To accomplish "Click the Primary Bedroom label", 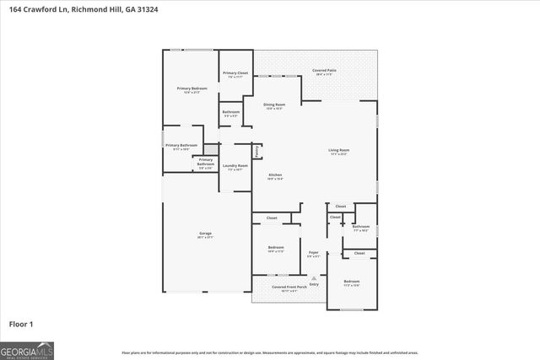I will pyautogui.click(x=192, y=89).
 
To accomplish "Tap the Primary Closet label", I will pyautogui.click(x=235, y=73).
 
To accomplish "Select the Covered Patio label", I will pyautogui.click(x=325, y=71).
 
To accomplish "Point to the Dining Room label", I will pyautogui.click(x=275, y=105).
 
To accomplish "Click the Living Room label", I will pyautogui.click(x=339, y=151).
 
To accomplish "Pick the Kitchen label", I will pyautogui.click(x=275, y=175).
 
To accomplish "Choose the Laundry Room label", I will pyautogui.click(x=235, y=166).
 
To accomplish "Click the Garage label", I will pyautogui.click(x=205, y=234).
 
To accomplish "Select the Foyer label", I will pyautogui.click(x=313, y=252).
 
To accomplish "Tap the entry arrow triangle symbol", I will pyautogui.click(x=314, y=277).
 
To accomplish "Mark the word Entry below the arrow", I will pyautogui.click(x=314, y=284).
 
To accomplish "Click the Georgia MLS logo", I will pyautogui.click(x=27, y=350).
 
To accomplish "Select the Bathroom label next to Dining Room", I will pyautogui.click(x=231, y=112).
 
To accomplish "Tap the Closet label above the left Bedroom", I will pyautogui.click(x=272, y=218).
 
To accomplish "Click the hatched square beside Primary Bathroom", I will pyautogui.click(x=211, y=149).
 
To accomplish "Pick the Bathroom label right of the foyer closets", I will pyautogui.click(x=360, y=226).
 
